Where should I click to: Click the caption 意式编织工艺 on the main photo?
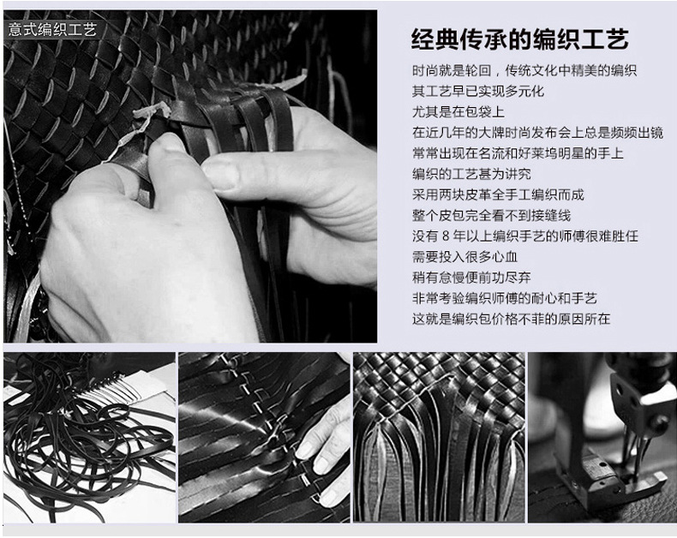(52, 30)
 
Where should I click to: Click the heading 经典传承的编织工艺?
(520, 39)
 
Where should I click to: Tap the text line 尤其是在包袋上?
(458, 112)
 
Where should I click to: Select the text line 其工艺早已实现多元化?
(478, 91)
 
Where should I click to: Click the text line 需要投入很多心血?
(465, 257)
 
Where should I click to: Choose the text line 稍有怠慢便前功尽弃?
(471, 278)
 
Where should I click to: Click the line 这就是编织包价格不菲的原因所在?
(512, 319)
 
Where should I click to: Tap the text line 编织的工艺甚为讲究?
(471, 174)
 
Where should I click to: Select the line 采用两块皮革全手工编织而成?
(498, 194)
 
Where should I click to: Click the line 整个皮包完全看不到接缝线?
(492, 216)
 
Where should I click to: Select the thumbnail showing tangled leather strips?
(90, 438)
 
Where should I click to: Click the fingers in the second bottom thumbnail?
(324, 449)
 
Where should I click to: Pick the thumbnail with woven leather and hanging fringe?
(439, 438)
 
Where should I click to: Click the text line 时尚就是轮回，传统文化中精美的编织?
(524, 70)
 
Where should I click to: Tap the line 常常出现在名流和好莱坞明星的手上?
(518, 153)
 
